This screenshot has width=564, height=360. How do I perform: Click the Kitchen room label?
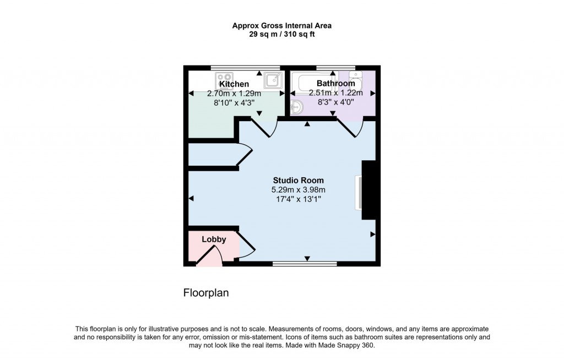click(234, 84)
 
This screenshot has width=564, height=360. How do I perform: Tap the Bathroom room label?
click(335, 84)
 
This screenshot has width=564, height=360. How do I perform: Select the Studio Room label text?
click(299, 180)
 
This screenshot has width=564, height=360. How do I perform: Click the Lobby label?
click(214, 239)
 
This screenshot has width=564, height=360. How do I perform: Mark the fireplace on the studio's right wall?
click(367, 190)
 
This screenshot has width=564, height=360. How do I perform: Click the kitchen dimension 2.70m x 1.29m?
click(234, 94)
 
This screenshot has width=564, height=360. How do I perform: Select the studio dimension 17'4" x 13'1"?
click(299, 199)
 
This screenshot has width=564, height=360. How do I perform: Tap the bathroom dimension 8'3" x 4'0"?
click(335, 102)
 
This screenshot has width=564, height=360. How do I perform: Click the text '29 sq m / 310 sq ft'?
click(281, 34)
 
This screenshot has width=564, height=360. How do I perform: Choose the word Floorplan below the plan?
click(205, 293)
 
